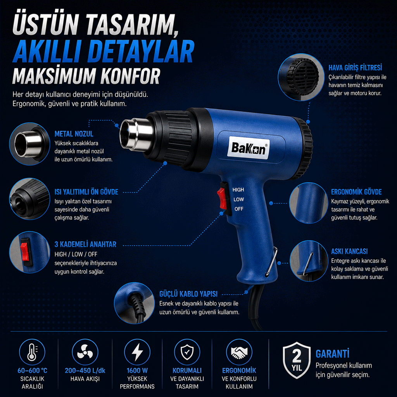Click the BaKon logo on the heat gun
249,148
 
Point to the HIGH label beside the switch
238,190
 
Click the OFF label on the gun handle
239,209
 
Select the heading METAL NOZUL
74,134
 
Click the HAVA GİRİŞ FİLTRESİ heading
355,68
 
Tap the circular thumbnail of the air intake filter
301,77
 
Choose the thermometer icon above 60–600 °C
32,352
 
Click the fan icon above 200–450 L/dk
85,352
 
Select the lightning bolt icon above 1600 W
137,352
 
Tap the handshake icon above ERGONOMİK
239,352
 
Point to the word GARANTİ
332,354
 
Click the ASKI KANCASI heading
349,251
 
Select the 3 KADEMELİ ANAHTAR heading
85,244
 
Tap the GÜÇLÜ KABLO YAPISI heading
188,294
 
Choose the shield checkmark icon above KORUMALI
187,352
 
